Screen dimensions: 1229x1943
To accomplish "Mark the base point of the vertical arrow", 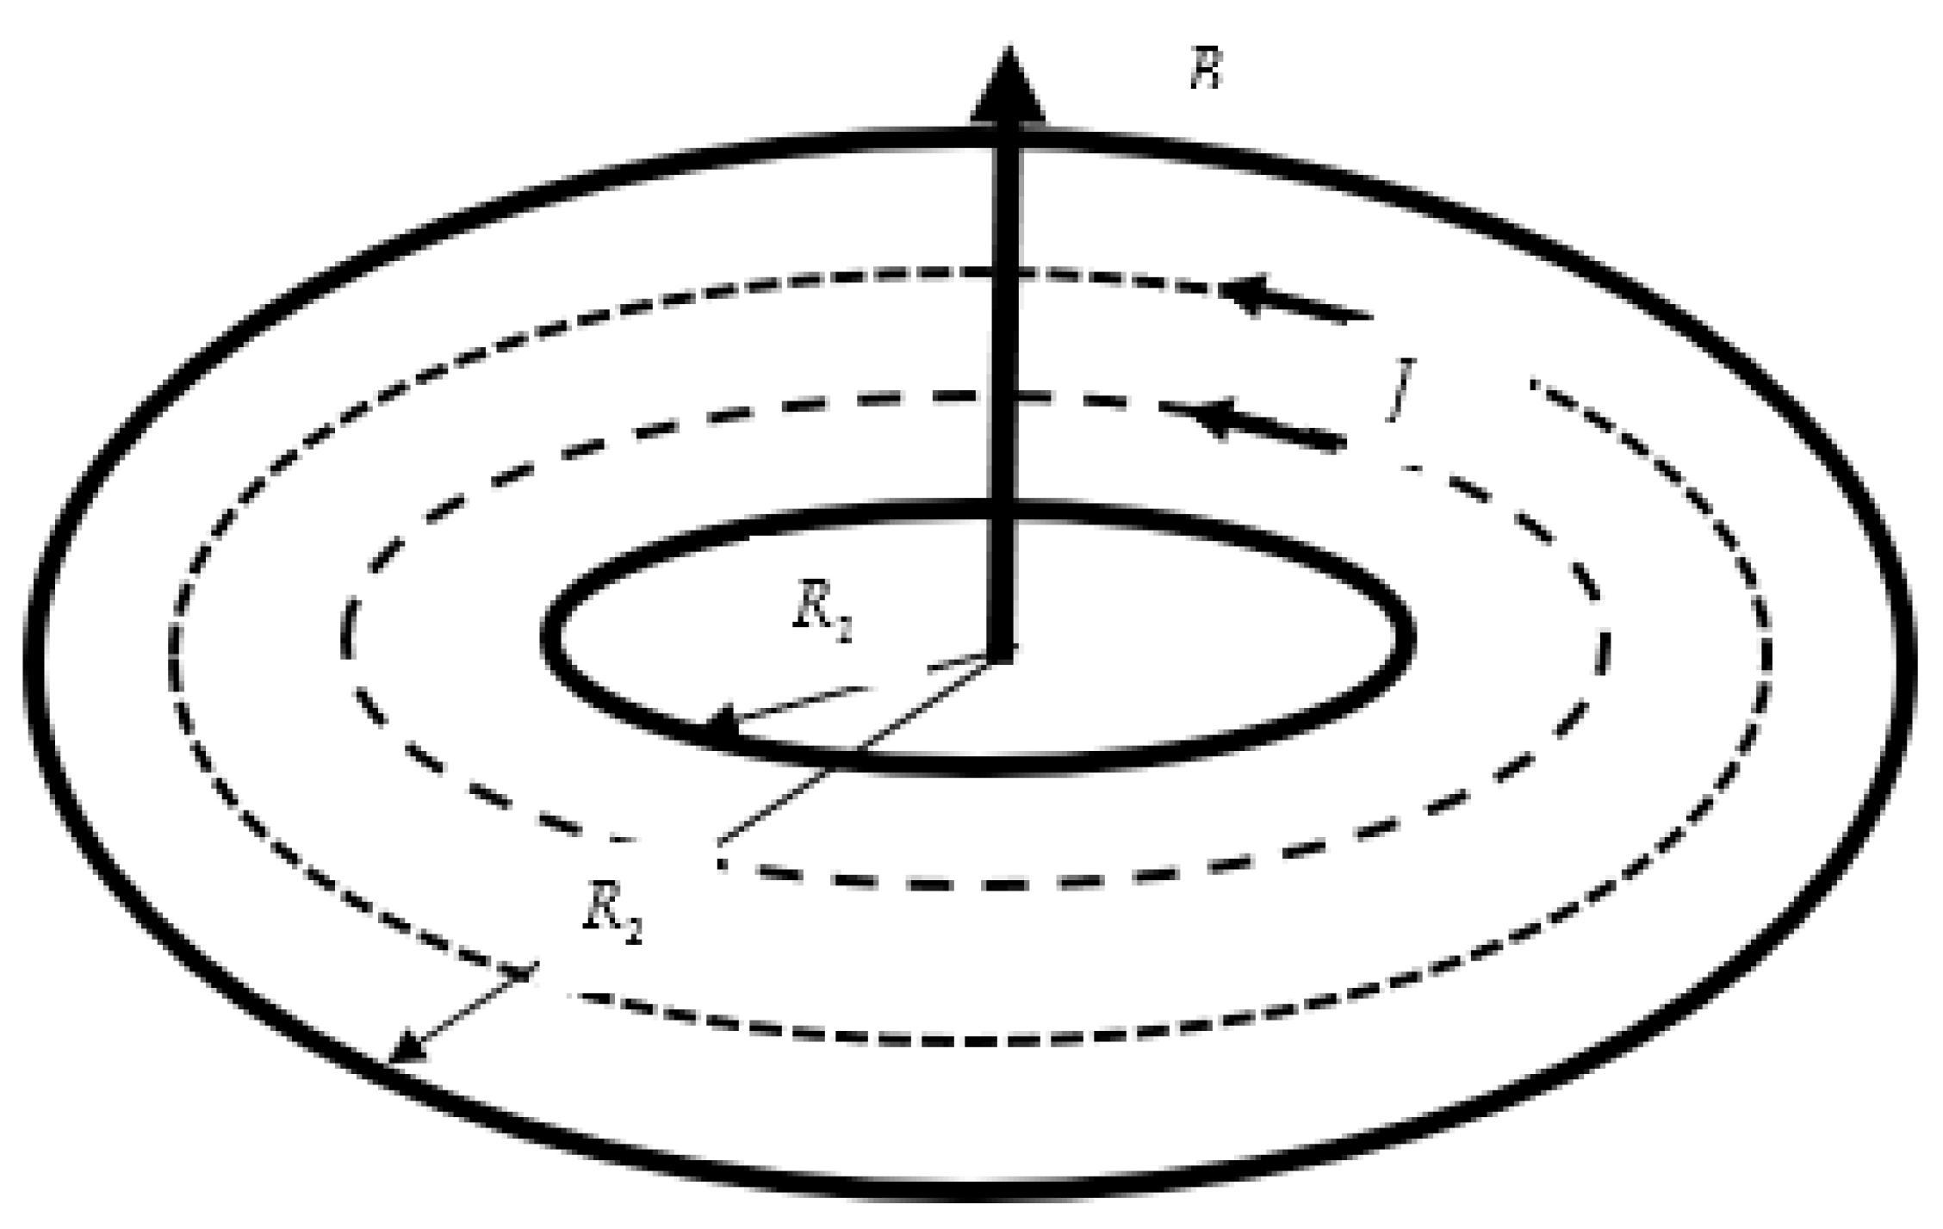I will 1003,653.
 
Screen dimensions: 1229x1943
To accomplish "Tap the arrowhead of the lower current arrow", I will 1214,417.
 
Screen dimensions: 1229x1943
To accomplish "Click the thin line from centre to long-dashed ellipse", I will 861,748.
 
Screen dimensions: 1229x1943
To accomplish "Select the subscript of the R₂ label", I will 633,932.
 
